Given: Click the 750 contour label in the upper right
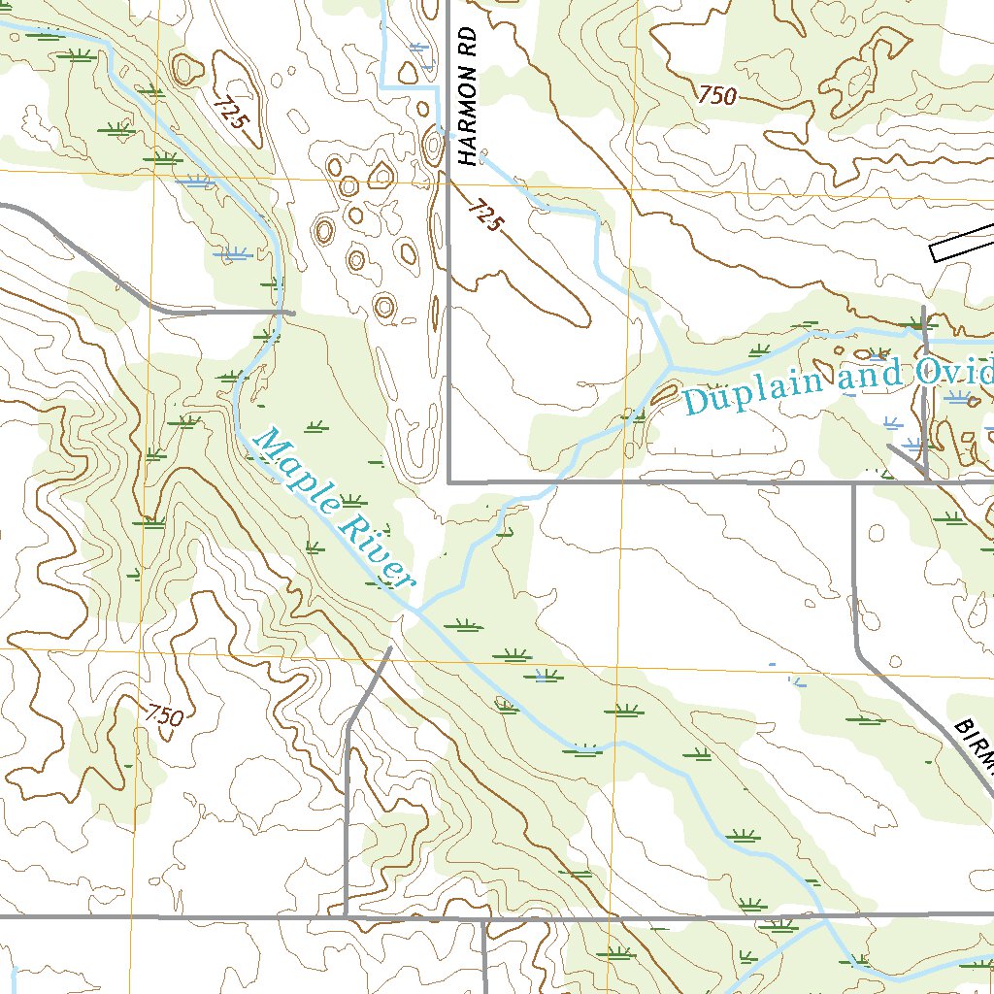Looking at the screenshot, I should point(716,95).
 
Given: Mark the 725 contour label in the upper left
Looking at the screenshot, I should point(233,115).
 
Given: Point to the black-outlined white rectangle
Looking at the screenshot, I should point(961,244).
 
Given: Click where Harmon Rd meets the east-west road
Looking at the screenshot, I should point(448,480).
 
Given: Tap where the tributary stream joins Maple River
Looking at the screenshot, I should point(417,610).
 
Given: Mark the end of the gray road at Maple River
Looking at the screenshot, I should point(291,313).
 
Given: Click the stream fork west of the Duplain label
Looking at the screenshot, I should point(671,367).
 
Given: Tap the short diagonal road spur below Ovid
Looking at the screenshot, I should point(907,456).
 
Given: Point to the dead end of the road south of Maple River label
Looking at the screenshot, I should point(390,648).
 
